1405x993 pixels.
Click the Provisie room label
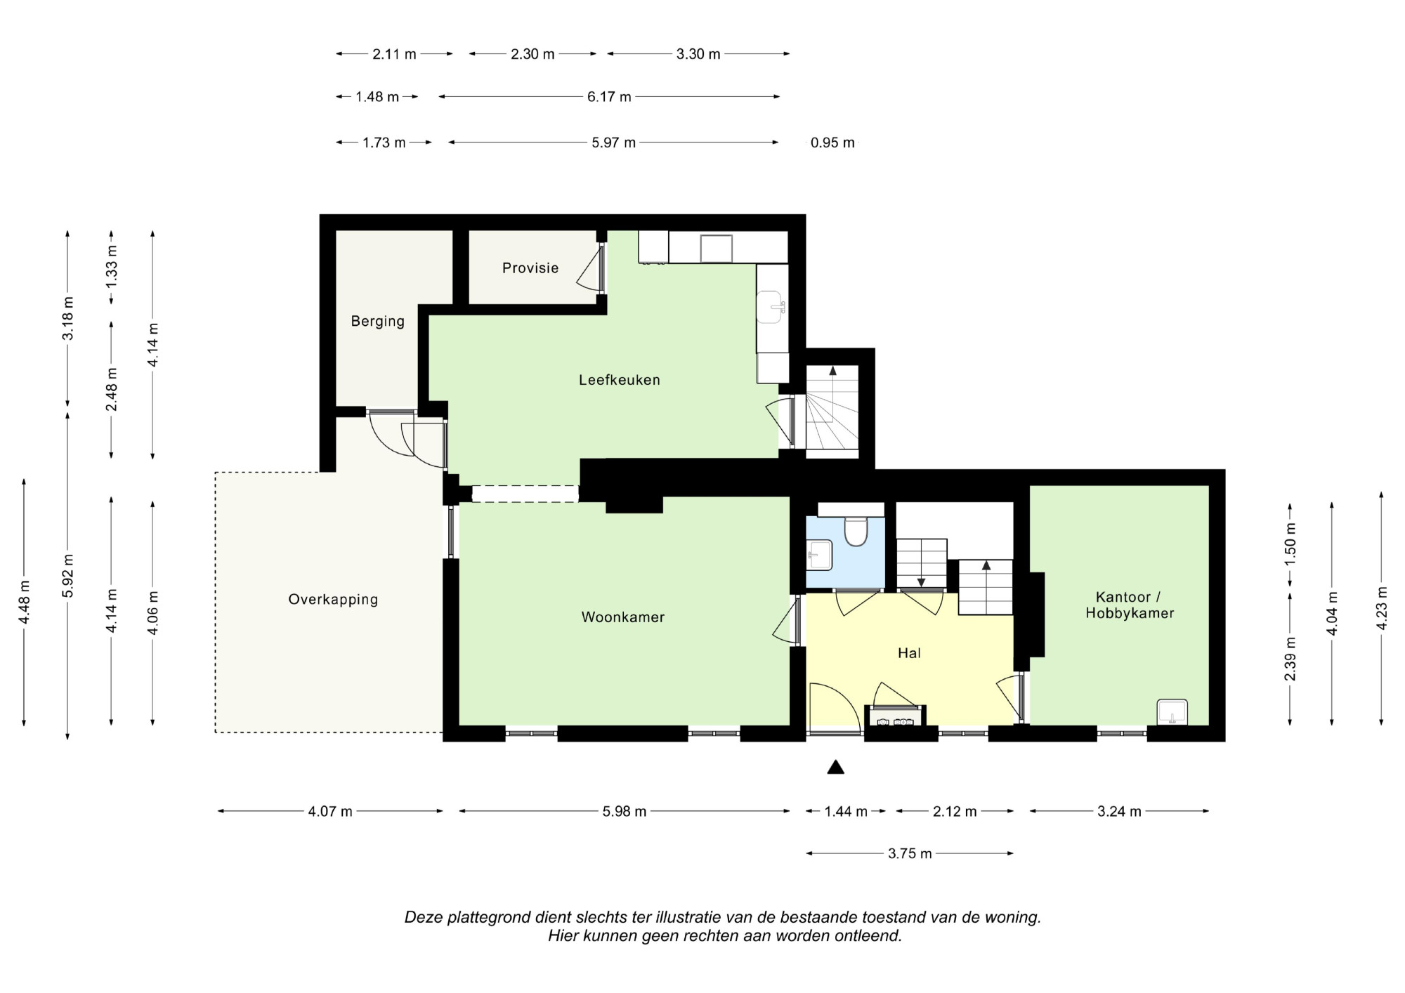tap(530, 268)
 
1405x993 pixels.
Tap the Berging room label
tap(378, 322)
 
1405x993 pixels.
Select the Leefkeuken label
tap(620, 380)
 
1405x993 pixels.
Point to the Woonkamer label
tap(623, 617)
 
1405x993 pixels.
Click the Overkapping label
tap(333, 600)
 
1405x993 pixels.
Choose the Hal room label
tap(909, 653)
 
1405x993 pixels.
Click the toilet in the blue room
tap(856, 531)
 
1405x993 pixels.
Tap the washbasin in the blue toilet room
tap(819, 554)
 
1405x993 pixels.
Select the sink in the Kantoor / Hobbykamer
tap(1172, 712)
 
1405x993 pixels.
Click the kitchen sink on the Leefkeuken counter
tap(770, 308)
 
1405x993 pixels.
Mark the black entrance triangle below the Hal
tap(835, 767)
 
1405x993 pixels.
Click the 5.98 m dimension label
tap(625, 812)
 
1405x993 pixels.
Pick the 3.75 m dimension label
tap(910, 854)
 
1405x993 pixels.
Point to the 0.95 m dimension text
tap(832, 143)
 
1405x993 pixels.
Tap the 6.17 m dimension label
tap(609, 97)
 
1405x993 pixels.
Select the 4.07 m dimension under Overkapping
tap(330, 812)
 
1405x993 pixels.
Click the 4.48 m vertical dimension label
tap(25, 601)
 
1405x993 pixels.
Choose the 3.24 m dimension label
tap(1120, 812)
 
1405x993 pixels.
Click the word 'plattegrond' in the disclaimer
tap(490, 918)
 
